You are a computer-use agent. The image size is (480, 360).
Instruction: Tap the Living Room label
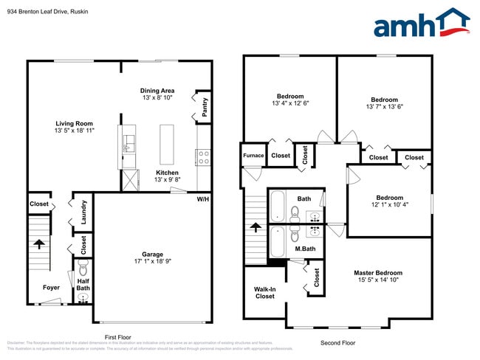coord(73,123)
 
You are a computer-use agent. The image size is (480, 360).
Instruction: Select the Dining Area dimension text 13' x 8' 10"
coord(157,98)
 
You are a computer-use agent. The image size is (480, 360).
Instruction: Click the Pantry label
coord(205,107)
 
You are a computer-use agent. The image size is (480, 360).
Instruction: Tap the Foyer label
coord(51,288)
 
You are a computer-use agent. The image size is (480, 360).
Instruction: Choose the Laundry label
coord(84,210)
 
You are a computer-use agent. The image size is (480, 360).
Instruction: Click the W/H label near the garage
coord(202,199)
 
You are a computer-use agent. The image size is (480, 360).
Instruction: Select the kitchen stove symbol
coord(203,156)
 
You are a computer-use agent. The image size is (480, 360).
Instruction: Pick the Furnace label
coord(253,156)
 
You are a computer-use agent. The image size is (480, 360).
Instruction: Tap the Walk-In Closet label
coord(264,292)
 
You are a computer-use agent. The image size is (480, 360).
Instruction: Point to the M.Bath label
coord(305,248)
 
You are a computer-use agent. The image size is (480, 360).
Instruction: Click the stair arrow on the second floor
coord(256,227)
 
